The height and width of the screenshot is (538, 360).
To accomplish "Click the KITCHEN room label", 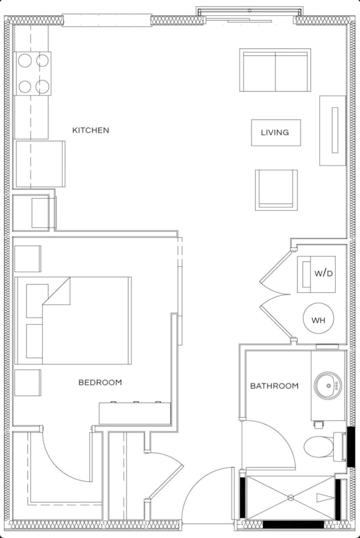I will click(x=91, y=130).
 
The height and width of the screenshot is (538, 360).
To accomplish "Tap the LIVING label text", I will click(x=275, y=132).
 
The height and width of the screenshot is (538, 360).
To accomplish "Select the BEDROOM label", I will click(x=100, y=382).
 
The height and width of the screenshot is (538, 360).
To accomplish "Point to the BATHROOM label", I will click(x=274, y=386).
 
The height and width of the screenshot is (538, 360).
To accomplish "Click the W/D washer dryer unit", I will click(x=316, y=274).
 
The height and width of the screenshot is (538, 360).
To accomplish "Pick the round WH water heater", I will click(x=318, y=319).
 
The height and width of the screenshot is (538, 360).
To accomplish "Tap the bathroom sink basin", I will click(x=327, y=385).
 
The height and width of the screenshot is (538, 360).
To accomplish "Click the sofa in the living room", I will click(x=275, y=70).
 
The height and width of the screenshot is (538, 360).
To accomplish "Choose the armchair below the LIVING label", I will click(x=276, y=190).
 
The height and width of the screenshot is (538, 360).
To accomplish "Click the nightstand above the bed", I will click(x=27, y=258).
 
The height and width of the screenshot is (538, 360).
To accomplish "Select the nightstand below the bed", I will click(x=27, y=382).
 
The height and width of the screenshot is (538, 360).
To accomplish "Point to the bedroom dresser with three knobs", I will click(x=135, y=413).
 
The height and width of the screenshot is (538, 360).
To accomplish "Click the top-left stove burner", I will click(x=25, y=61).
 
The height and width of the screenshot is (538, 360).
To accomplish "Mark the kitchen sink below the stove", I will click(x=40, y=164).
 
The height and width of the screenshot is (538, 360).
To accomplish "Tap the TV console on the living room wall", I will click(x=333, y=130).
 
